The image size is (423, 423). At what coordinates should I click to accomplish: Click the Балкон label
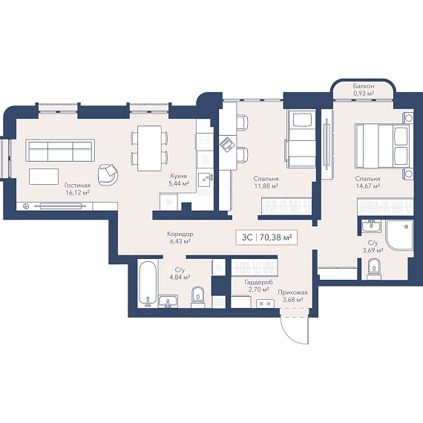coord(364,86)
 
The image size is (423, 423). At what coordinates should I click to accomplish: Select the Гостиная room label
coord(77,186)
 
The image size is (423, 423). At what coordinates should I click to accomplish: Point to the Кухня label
coord(179,176)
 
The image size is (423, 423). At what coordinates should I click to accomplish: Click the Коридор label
coord(180,235)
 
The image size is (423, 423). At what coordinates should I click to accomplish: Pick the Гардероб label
coord(259,283)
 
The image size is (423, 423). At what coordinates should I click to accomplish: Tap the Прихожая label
coord(292,292)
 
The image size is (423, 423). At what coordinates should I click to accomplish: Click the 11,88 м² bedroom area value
coord(266,186)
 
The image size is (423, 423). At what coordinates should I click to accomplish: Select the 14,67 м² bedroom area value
coord(367,186)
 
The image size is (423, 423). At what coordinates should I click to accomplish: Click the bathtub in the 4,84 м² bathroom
coord(148,283)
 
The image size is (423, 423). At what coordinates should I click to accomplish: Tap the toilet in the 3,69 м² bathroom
coord(374,269)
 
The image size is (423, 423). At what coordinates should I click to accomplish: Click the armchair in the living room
coord(108,174)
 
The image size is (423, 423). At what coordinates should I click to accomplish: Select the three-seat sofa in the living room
coord(60,151)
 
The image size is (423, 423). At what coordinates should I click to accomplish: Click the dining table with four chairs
coord(149,148)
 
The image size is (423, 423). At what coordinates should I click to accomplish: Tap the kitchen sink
coord(206,180)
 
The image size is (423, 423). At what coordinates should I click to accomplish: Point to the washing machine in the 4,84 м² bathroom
coord(220,267)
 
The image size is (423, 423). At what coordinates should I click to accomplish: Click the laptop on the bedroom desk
coord(227,143)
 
